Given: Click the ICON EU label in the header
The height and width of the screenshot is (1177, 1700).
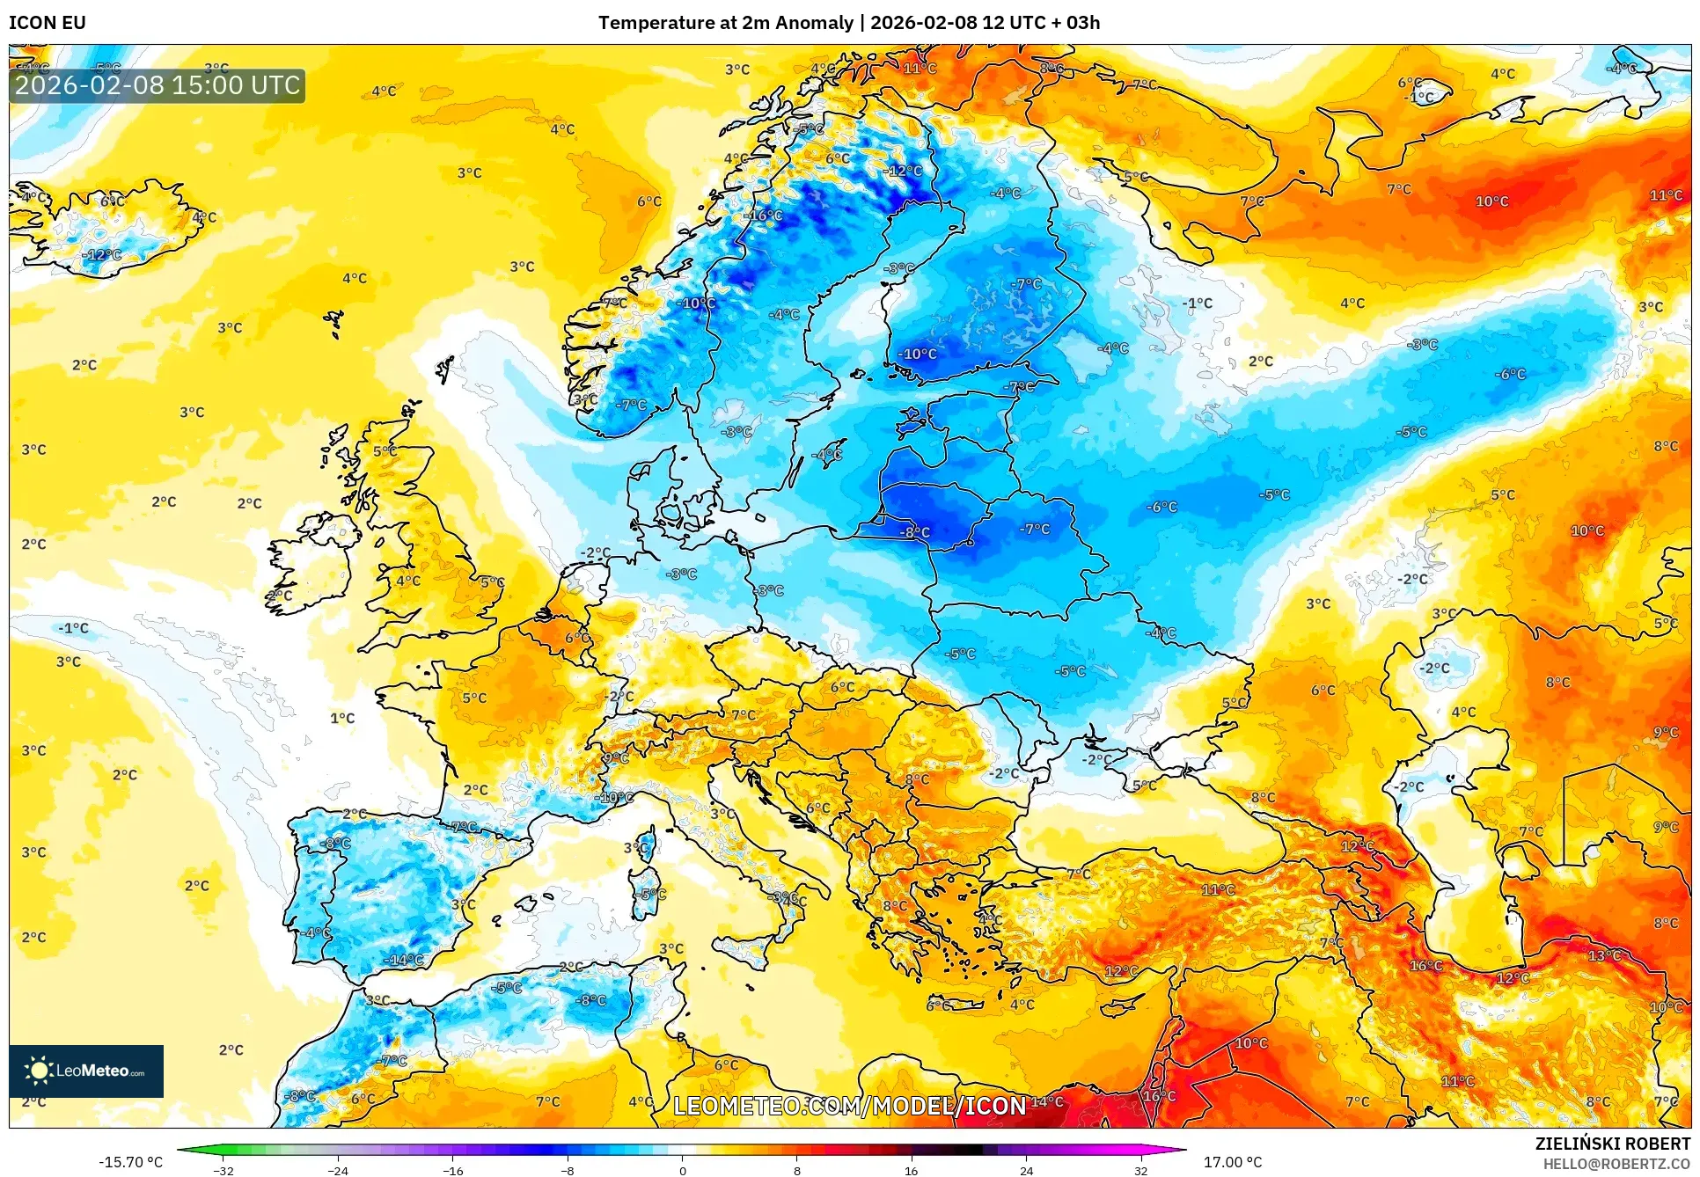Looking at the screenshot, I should [x=48, y=23].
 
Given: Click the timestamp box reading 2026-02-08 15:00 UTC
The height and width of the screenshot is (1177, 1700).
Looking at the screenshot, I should [x=158, y=85].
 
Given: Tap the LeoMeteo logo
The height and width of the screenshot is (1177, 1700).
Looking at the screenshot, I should [x=86, y=1071].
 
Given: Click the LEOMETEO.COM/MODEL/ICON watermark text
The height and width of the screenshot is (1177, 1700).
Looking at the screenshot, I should [x=849, y=1106].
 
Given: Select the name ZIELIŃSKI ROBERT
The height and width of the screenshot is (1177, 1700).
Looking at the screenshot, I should [x=1612, y=1144].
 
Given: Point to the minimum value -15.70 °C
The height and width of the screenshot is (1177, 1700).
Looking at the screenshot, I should [x=130, y=1162].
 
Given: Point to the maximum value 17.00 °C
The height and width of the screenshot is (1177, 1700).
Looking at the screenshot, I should [x=1232, y=1162].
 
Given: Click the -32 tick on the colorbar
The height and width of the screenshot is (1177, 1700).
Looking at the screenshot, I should [x=223, y=1171].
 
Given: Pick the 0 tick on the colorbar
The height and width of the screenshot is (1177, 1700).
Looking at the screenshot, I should [x=682, y=1171].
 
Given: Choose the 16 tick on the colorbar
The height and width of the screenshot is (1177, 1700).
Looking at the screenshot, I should [x=911, y=1171].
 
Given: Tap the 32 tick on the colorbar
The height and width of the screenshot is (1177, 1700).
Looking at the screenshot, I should [x=1140, y=1171].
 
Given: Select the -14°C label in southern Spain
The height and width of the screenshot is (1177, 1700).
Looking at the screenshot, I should [x=404, y=960].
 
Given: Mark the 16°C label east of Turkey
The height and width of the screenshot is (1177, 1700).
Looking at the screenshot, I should [x=1425, y=966].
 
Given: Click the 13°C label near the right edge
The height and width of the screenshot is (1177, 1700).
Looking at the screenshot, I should [x=1603, y=955].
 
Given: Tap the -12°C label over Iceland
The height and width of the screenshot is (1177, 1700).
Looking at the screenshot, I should [x=102, y=255].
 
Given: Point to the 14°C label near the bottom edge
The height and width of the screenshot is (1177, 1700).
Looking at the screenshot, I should [x=1047, y=1101].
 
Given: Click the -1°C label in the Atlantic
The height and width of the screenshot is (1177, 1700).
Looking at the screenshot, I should [x=74, y=628].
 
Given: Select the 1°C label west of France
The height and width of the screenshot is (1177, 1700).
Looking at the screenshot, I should [x=342, y=718].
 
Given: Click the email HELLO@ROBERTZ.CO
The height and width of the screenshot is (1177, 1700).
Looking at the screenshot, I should [x=1616, y=1164].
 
